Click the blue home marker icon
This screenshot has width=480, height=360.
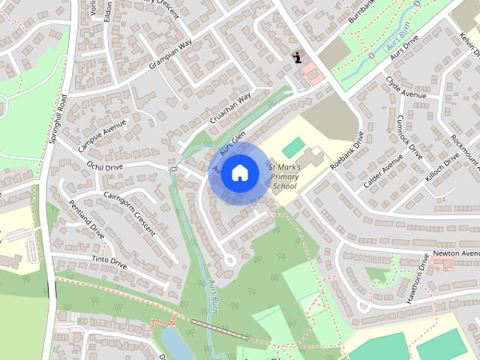pyautogui.click(x=238, y=172)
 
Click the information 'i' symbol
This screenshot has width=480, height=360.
pyautogui.click(x=298, y=58)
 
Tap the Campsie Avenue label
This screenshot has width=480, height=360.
pyautogui.click(x=103, y=131)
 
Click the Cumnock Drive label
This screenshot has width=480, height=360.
pyautogui.click(x=410, y=135)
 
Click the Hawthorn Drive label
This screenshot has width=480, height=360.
pyautogui.click(x=422, y=278)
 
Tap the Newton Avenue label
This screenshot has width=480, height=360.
pyautogui.click(x=457, y=254)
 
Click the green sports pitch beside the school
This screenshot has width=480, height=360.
pyautogui.click(x=294, y=145)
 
